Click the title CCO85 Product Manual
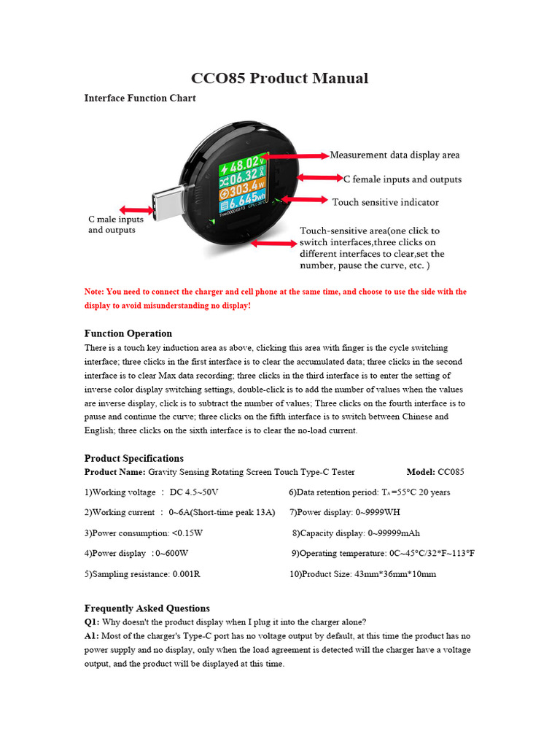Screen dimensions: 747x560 [279, 78]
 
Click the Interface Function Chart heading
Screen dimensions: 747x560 [140, 98]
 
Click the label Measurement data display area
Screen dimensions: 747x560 [394, 155]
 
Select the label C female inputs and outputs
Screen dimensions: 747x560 [402, 179]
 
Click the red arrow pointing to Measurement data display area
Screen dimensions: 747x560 [299, 155]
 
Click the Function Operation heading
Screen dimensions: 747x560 [128, 333]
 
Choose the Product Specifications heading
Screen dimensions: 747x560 [134, 458]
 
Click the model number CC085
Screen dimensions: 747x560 [451, 472]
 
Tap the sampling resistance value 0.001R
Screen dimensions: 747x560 [186, 574]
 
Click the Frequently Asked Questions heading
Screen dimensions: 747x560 [147, 608]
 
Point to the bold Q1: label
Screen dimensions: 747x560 [92, 622]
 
